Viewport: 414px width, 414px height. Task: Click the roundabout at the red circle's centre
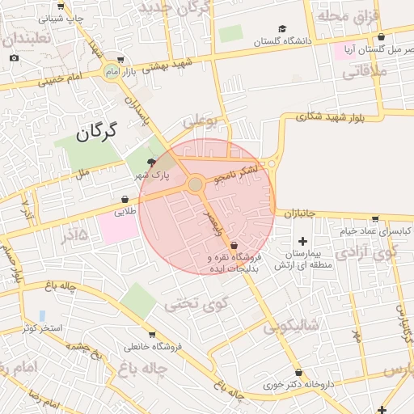coord(196,185)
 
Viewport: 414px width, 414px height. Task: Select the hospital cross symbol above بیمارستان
coord(302,241)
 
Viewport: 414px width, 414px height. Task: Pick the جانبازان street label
coord(300,213)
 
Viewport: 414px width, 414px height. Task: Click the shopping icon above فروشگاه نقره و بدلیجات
coord(234,244)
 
